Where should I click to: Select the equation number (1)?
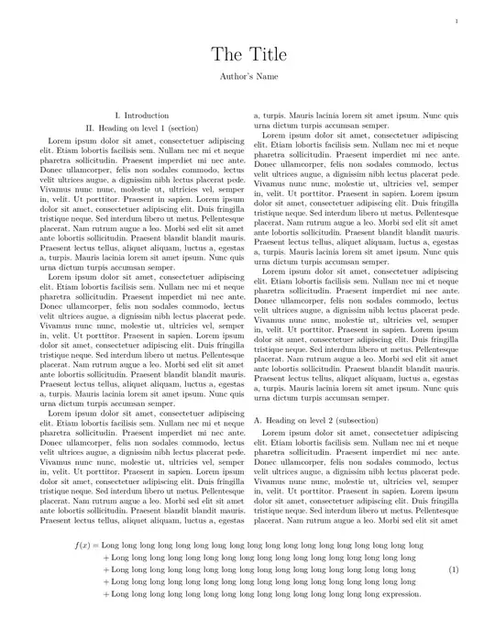[x=453, y=569]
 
